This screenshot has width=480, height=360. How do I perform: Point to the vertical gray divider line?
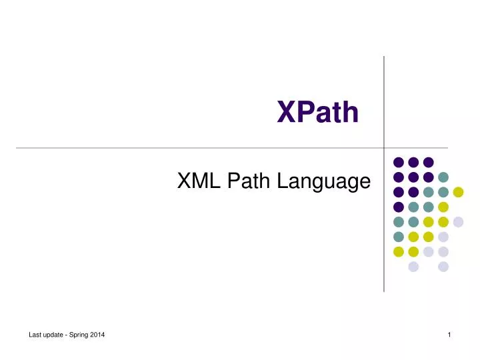tap(384, 100)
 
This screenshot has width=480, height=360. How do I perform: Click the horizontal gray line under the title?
tap(200, 147)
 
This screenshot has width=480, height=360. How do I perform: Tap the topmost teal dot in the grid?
tap(443, 177)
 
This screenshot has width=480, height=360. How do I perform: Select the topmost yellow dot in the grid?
tap(458, 192)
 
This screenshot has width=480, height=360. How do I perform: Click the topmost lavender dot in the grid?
tap(458, 222)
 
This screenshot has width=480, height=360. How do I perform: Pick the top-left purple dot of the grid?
tap(399, 162)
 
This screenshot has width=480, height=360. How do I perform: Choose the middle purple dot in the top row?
tap(413, 162)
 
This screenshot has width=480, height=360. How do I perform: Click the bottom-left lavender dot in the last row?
tap(413, 267)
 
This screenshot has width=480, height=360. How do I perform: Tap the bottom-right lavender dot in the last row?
tap(443, 267)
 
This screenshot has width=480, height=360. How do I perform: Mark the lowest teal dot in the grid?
tap(399, 237)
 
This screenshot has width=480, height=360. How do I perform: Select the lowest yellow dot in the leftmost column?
tap(399, 251)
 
